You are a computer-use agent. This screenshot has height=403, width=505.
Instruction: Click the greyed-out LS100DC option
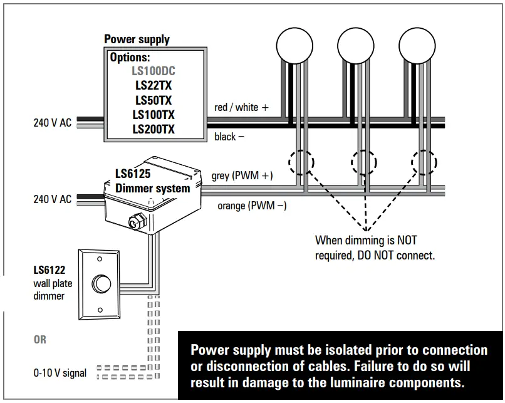[x=154, y=71]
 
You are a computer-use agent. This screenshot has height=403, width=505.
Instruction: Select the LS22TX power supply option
[x=154, y=85]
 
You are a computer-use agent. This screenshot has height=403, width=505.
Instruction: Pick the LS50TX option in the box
[x=154, y=100]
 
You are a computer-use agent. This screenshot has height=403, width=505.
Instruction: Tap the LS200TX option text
[x=154, y=129]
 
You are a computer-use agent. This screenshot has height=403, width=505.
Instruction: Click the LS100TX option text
[x=154, y=115]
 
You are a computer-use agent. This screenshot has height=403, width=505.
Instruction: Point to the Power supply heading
[x=137, y=39]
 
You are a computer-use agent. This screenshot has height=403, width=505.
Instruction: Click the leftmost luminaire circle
[x=294, y=46]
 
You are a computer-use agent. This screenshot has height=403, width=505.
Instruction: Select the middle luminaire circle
[x=356, y=46]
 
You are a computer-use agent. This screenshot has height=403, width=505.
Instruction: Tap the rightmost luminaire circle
[x=417, y=46]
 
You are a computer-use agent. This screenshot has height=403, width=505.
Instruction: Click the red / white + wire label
[x=241, y=107]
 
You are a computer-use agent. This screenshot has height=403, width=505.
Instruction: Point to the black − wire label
[x=229, y=137]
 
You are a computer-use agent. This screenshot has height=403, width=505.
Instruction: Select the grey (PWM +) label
[x=242, y=175]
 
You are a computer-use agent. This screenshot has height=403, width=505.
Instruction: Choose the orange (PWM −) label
[x=252, y=206]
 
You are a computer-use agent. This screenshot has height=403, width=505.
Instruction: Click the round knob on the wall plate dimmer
[x=102, y=284]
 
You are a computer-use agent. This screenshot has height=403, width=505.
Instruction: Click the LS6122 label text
[x=49, y=270]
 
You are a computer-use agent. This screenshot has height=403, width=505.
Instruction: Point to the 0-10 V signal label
[x=60, y=373]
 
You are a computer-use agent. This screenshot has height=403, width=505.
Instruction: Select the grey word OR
[x=40, y=340]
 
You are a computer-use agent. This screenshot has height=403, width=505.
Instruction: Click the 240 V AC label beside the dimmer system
[x=52, y=199]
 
